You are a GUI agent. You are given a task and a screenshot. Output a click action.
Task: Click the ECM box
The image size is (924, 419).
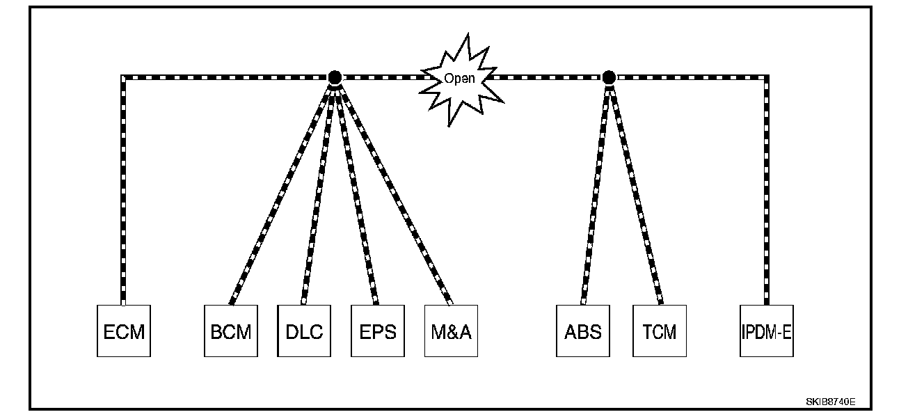pos(124,331)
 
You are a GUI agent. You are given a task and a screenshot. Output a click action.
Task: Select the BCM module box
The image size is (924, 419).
pos(231,331)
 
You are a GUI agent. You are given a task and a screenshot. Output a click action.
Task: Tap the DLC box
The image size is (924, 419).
pos(304,331)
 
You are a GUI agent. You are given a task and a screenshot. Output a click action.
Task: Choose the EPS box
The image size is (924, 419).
pos(378,331)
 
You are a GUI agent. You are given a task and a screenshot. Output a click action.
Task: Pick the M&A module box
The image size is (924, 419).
pos(451,331)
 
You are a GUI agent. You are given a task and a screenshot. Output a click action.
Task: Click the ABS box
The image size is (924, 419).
pos(583,331)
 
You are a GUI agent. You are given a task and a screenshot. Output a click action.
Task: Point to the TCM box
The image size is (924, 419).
pos(660,331)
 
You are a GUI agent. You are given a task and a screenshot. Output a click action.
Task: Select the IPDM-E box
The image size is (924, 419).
pos(766,331)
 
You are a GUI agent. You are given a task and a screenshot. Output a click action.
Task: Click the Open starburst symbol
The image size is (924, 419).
pos(460,78)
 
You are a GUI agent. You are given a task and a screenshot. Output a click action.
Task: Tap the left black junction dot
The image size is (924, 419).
pos(335,77)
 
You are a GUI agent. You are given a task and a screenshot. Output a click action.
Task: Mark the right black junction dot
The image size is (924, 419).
pos(609,77)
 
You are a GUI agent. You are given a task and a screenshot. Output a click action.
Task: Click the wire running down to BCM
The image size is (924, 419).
pos(282,191)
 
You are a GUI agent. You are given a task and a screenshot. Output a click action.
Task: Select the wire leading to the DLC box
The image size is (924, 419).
pos(319,191)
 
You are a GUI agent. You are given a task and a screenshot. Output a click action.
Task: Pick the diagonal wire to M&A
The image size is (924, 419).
pos(394,191)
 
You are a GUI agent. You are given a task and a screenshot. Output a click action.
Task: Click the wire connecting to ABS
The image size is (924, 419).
pos(596,191)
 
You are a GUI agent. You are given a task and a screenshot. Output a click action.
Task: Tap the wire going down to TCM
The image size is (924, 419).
pos(635,191)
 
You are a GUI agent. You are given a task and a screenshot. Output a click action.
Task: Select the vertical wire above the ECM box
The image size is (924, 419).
pos(124,191)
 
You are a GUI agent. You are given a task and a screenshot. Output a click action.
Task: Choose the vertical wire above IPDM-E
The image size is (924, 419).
pos(767,191)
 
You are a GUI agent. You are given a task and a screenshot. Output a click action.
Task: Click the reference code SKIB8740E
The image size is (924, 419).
pos(830,402)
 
